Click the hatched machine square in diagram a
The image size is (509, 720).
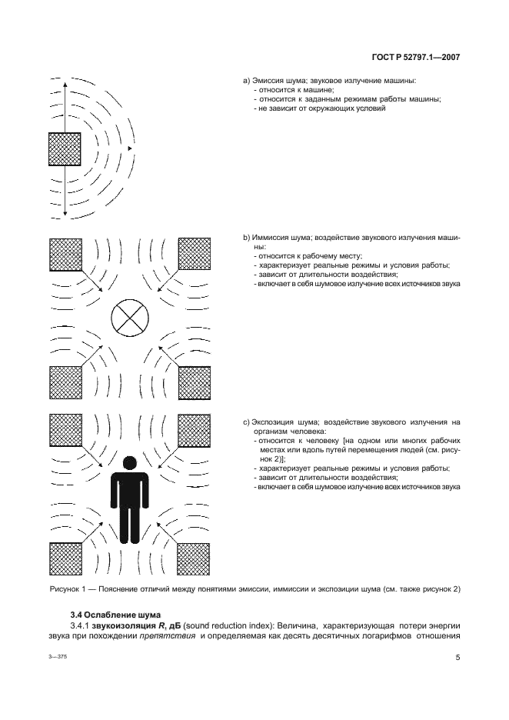tap(65, 148)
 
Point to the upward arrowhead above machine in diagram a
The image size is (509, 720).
tap(65, 84)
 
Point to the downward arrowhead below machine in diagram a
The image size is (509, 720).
tap(65, 212)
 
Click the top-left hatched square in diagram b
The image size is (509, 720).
tap(65, 254)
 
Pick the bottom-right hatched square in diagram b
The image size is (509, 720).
tap(194, 382)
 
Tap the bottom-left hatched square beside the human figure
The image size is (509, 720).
tap(65, 559)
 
